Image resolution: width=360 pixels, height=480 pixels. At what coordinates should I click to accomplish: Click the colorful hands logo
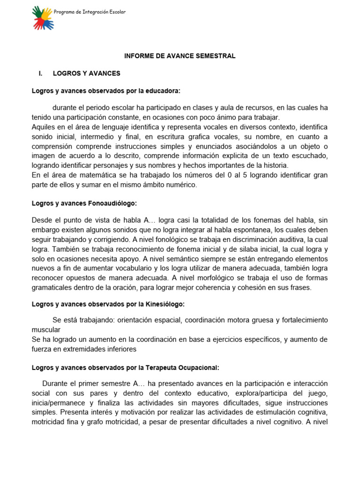click(x=43, y=18)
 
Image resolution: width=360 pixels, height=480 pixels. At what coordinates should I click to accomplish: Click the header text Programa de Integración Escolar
click(x=90, y=12)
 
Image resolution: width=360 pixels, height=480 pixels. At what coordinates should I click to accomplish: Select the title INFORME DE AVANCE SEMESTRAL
click(x=180, y=56)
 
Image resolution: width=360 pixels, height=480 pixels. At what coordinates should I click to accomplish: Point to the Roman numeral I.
click(x=41, y=73)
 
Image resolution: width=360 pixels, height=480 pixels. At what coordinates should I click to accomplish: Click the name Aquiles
click(x=43, y=127)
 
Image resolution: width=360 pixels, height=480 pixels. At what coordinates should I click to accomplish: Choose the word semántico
click(x=205, y=259)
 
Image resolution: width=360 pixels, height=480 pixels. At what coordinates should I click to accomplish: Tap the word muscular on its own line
click(x=46, y=330)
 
